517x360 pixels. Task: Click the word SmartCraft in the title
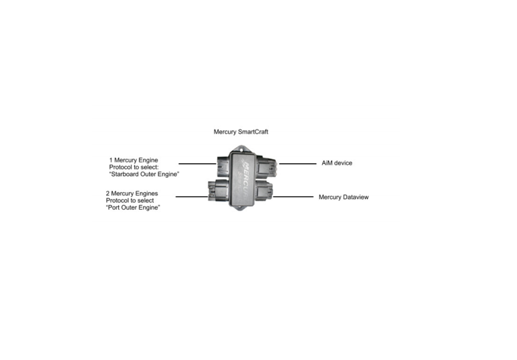pyautogui.click(x=253, y=132)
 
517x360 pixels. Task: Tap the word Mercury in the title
pyautogui.click(x=225, y=132)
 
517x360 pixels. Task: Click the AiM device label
pyautogui.click(x=337, y=163)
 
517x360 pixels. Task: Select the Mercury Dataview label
pyautogui.click(x=343, y=197)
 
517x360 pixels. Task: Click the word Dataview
pyautogui.click(x=356, y=197)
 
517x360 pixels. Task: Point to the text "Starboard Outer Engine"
pyautogui.click(x=144, y=174)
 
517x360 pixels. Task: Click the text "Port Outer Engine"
pyautogui.click(x=133, y=207)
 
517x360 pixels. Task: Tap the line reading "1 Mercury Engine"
pyautogui.click(x=134, y=160)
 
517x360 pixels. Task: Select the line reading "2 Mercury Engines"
pyautogui.click(x=132, y=193)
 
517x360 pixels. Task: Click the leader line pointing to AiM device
pyautogui.click(x=297, y=164)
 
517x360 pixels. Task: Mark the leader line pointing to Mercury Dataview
pyautogui.click(x=293, y=197)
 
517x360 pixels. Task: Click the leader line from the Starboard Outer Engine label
pyautogui.click(x=197, y=164)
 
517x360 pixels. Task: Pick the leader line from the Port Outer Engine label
pyautogui.click(x=192, y=197)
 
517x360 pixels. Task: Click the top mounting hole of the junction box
pyautogui.click(x=242, y=149)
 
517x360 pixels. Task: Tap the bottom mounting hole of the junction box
pyautogui.click(x=240, y=208)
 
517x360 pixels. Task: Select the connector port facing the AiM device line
pyautogui.click(x=266, y=166)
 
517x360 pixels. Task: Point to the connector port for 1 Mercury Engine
pyautogui.click(x=223, y=166)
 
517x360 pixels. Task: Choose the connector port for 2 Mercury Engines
pyautogui.click(x=218, y=191)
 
